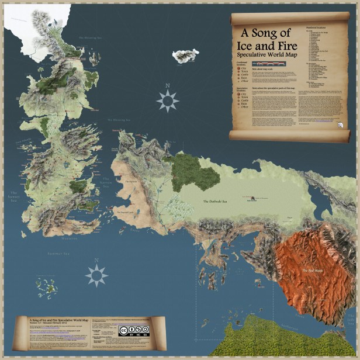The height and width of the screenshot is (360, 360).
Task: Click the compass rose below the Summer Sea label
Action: point(96,275)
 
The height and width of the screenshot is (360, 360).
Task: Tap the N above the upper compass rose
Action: point(168,85)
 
